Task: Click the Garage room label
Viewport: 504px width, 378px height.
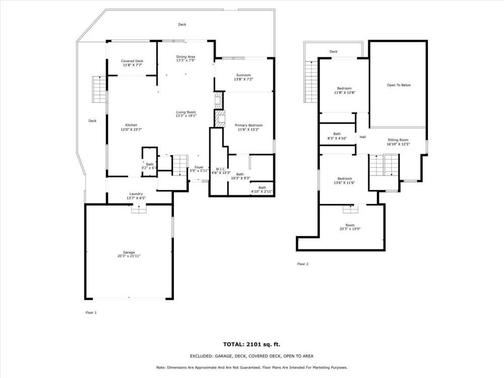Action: [x=129, y=252]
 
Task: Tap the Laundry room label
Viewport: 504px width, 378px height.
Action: [x=136, y=194]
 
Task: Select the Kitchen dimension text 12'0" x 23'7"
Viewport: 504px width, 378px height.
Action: [x=131, y=130]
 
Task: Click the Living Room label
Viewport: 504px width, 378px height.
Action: [x=185, y=112]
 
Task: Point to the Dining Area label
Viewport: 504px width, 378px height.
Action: [x=185, y=56]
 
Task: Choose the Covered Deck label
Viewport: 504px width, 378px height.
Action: [x=132, y=61]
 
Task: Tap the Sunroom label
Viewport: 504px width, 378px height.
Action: [x=243, y=75]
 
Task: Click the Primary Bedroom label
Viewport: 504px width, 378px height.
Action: [x=248, y=125]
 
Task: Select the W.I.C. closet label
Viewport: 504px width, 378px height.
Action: [x=220, y=169]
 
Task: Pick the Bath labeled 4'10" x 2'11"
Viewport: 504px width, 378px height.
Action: [x=262, y=187]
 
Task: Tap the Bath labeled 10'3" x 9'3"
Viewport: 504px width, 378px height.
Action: [x=240, y=174]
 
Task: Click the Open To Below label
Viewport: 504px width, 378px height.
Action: [x=399, y=85]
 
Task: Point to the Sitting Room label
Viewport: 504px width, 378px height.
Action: [x=398, y=140]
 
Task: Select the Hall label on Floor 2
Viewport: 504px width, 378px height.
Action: [x=362, y=137]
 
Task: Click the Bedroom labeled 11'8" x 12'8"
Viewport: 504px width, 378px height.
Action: [x=344, y=89]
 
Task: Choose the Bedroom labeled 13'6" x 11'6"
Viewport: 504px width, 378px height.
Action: [x=344, y=178]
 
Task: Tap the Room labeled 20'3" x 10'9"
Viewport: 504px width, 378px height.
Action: [x=350, y=225]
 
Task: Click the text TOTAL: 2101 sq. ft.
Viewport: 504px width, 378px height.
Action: [x=251, y=345]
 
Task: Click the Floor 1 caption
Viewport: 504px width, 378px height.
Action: [x=91, y=312]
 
